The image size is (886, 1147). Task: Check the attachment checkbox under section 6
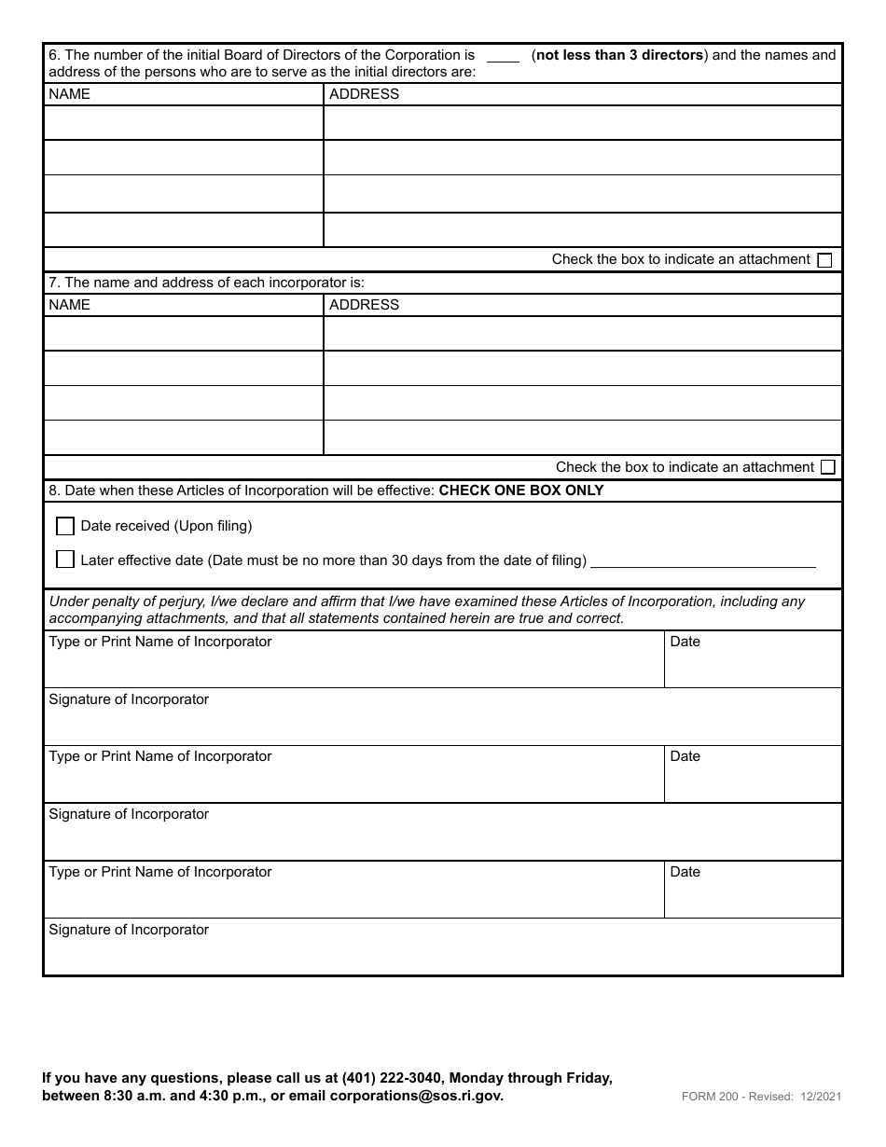[824, 261]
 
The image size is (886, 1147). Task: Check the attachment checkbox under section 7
[827, 468]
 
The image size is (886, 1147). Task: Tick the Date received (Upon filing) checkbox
[65, 527]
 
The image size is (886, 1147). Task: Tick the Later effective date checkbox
[65, 560]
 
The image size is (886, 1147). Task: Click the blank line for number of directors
[503, 57]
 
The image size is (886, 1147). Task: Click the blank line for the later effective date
[703, 560]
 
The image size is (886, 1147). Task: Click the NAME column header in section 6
[70, 94]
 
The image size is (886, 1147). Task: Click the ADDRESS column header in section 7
[364, 305]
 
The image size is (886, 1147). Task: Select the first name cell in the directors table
[184, 123]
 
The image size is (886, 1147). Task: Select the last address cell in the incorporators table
[582, 437]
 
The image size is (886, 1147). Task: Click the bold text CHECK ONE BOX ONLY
[521, 491]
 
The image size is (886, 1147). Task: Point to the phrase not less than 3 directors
[619, 55]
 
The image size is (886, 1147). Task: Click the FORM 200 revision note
[761, 1098]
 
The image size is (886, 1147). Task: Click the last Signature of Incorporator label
[129, 930]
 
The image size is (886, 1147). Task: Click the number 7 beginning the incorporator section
[52, 283]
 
